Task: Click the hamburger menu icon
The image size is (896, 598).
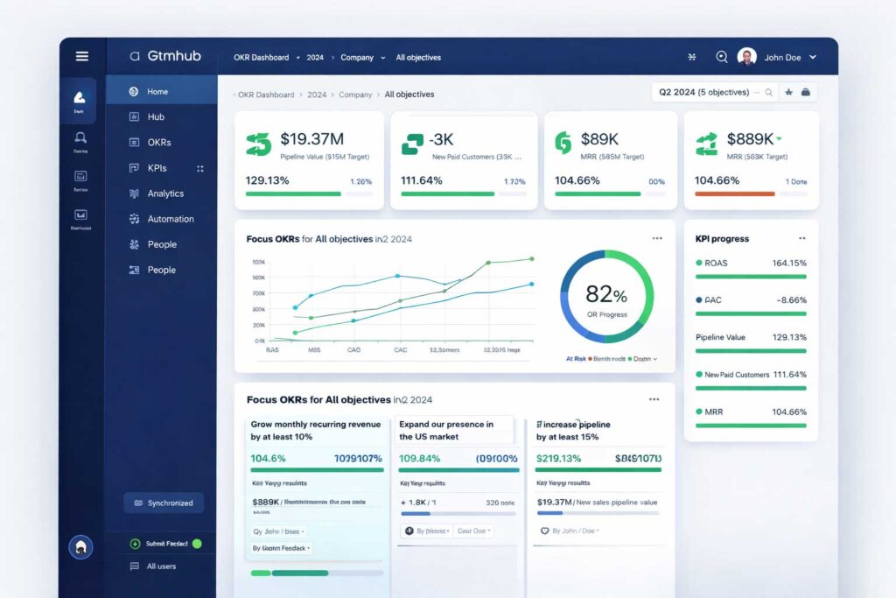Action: [82, 56]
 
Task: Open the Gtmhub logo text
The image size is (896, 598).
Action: [174, 56]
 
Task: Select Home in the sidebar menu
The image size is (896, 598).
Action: [157, 91]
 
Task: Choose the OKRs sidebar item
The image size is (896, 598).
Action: [158, 142]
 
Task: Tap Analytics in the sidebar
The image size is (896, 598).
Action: [165, 193]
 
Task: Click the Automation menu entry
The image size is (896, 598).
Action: [170, 219]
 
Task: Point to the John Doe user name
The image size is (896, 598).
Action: [784, 58]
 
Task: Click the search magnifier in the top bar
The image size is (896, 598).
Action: [722, 57]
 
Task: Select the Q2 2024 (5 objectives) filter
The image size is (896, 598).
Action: [704, 92]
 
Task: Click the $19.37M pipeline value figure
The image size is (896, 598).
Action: [311, 139]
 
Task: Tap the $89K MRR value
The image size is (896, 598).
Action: [599, 139]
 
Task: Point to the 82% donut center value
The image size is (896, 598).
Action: [605, 294]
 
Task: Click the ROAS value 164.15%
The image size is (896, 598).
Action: [789, 263]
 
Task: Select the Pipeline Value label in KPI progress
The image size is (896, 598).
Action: [720, 337]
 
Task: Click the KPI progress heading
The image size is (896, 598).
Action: [722, 238]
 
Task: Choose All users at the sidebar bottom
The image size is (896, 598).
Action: [161, 566]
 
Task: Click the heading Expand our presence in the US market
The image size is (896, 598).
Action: [446, 430]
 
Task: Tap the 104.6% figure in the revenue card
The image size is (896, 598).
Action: [268, 458]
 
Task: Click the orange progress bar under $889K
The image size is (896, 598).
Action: [734, 193]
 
